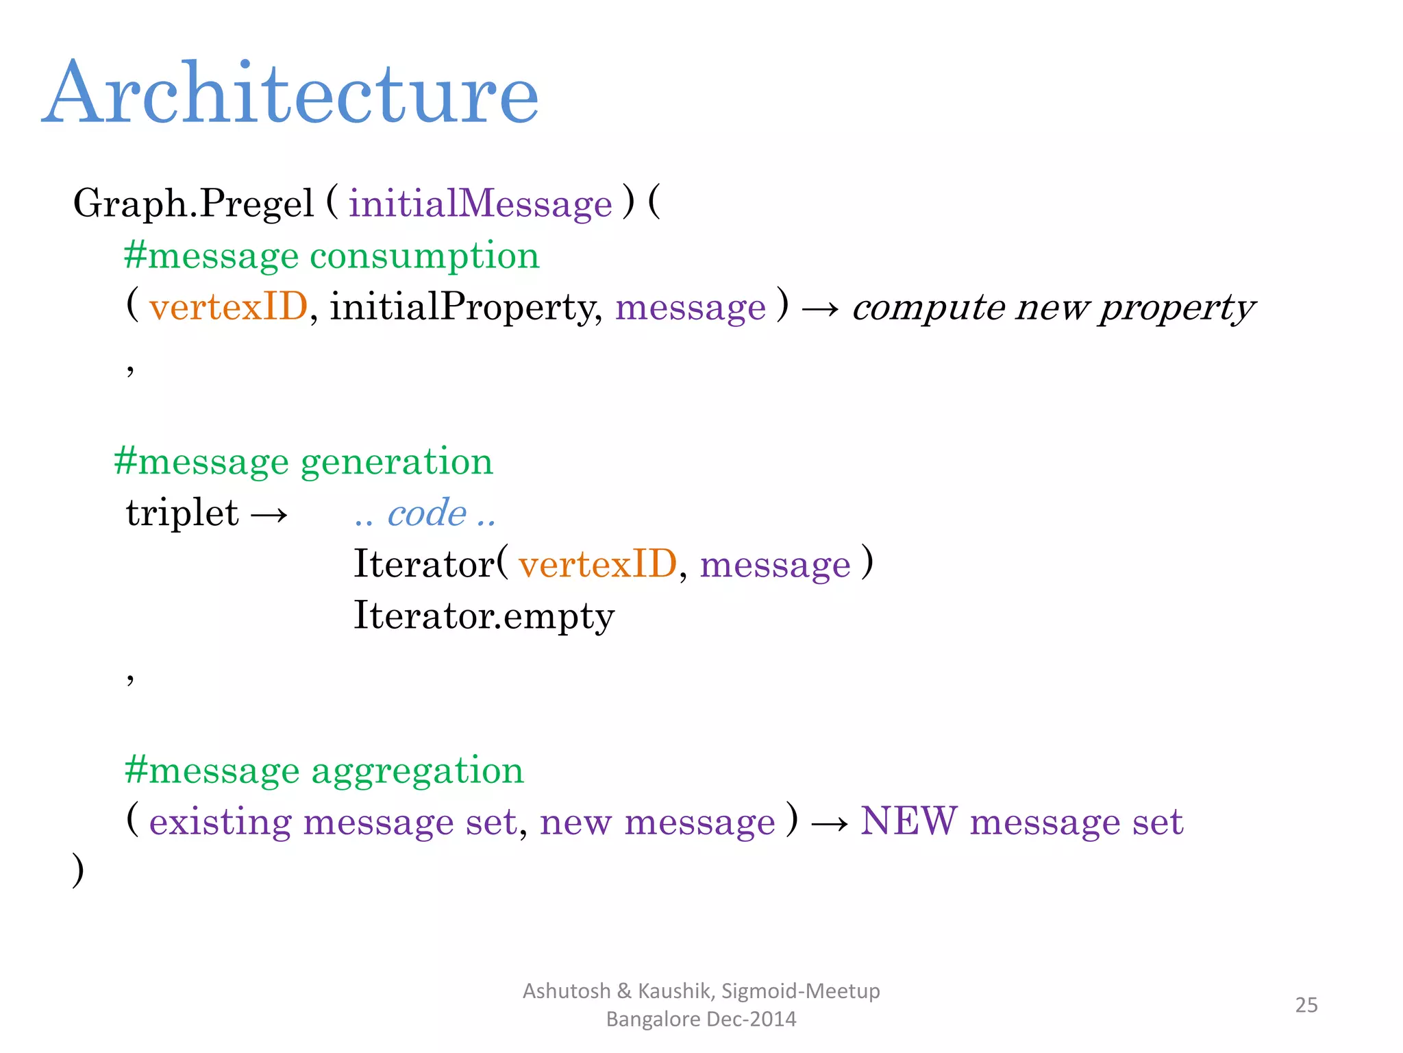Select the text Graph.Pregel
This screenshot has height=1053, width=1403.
pyautogui.click(x=193, y=204)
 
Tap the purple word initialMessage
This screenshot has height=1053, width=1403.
pyautogui.click(x=480, y=204)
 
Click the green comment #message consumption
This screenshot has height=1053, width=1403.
pyautogui.click(x=332, y=256)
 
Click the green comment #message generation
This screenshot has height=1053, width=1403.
pyautogui.click(x=303, y=461)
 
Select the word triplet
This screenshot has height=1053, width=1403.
pyautogui.click(x=182, y=513)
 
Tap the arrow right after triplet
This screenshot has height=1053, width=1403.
pyautogui.click(x=269, y=514)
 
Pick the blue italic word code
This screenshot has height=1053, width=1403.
pyautogui.click(x=427, y=513)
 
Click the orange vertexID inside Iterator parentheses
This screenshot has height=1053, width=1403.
pyautogui.click(x=597, y=564)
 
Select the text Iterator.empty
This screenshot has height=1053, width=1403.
pyautogui.click(x=484, y=615)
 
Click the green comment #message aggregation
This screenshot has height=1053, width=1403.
pyautogui.click(x=324, y=770)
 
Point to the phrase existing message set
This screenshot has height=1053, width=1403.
pyautogui.click(x=333, y=821)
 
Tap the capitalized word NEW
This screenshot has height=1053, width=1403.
pyautogui.click(x=908, y=821)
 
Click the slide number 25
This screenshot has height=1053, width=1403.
pyautogui.click(x=1306, y=1005)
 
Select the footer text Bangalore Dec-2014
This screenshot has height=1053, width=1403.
pyautogui.click(x=701, y=1019)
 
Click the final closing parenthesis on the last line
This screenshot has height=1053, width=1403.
pyautogui.click(x=78, y=871)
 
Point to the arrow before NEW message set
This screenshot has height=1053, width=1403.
pyautogui.click(x=830, y=823)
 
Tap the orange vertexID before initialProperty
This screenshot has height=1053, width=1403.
pyautogui.click(x=228, y=306)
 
